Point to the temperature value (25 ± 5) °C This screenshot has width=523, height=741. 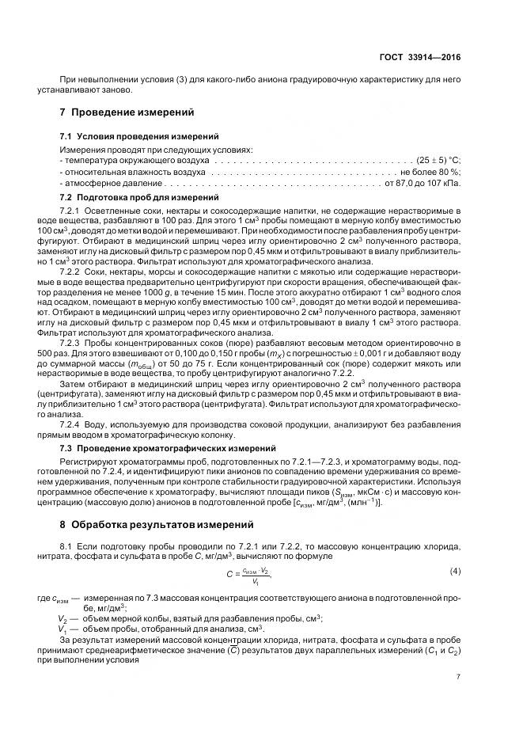438,160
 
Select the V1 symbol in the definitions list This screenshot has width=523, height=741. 63,628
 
